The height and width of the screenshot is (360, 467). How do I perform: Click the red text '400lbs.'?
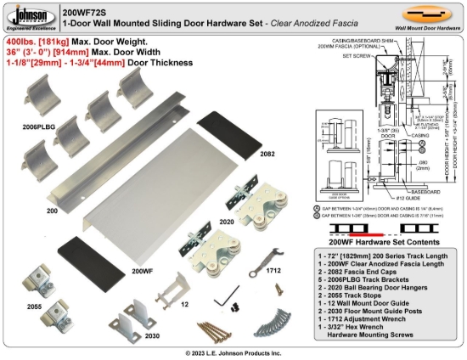click(x=23, y=41)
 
